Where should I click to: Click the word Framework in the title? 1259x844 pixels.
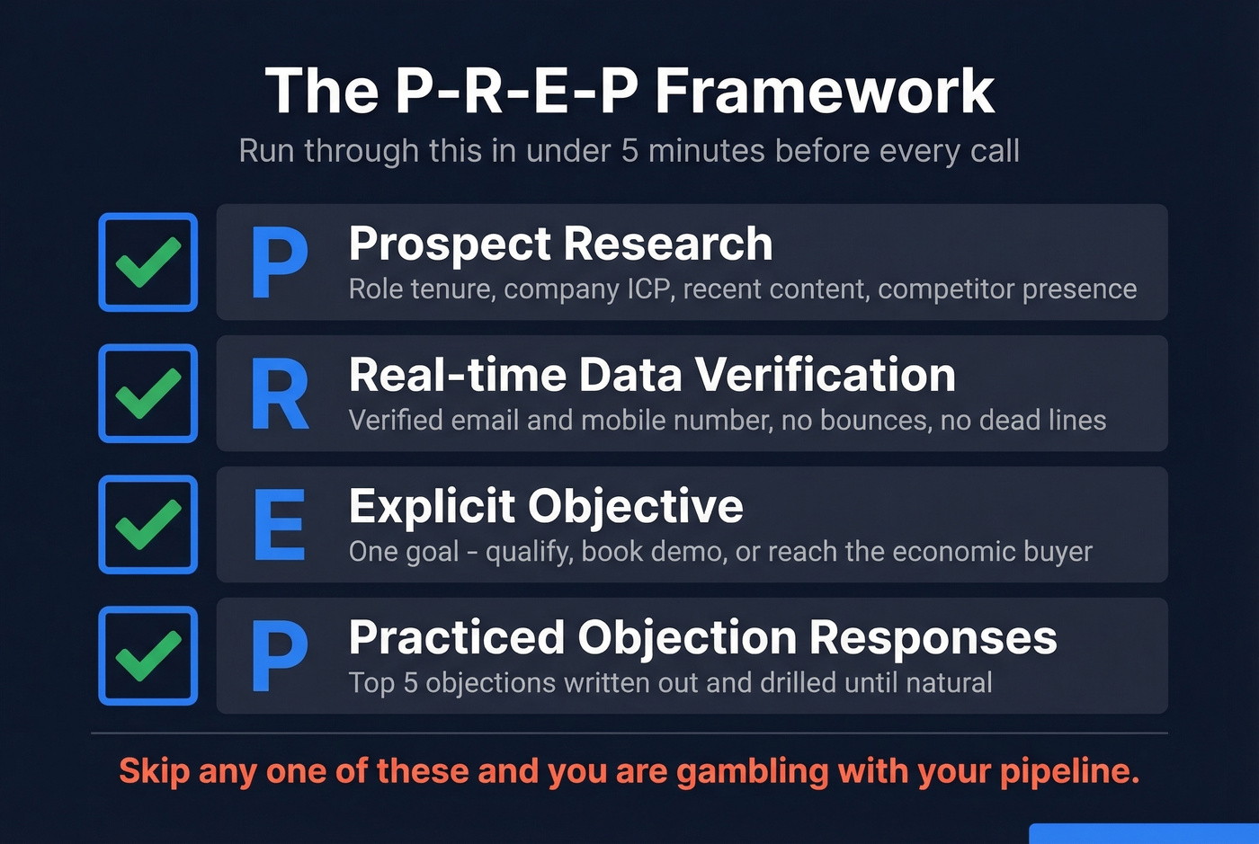pos(824,92)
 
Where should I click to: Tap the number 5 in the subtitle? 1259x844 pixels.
pos(629,151)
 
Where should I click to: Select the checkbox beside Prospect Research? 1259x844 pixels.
pos(148,262)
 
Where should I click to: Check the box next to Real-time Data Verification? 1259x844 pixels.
pos(148,394)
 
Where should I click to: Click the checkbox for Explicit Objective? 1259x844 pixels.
pos(148,525)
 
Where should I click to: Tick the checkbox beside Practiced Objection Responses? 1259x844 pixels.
pos(148,656)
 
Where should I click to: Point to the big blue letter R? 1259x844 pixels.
pos(280,395)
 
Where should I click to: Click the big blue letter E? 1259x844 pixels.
pos(279,525)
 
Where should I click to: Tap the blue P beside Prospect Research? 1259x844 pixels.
pos(280,262)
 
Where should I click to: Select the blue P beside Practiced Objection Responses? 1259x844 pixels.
pos(280,656)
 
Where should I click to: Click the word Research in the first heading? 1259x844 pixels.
pos(667,244)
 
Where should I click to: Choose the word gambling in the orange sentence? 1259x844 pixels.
pos(752,771)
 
